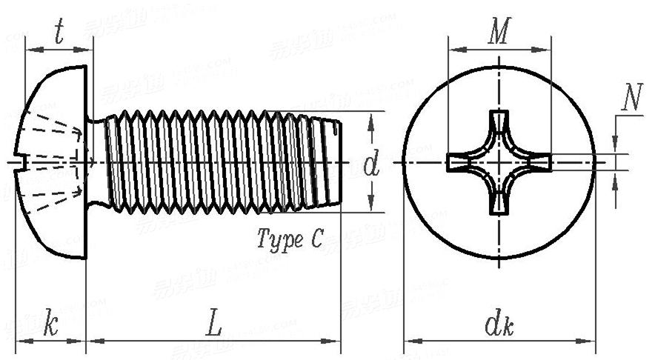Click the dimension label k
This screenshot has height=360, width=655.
(50, 324)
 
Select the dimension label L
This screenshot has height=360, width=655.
(213, 324)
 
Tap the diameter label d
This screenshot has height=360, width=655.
(371, 164)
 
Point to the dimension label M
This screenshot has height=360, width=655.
(501, 32)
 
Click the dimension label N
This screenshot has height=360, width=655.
(631, 99)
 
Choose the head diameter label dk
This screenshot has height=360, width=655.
(499, 324)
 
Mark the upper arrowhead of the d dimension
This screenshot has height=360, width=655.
(371, 117)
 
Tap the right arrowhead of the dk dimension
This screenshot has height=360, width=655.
(588, 341)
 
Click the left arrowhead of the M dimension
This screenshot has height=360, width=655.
(455, 50)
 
